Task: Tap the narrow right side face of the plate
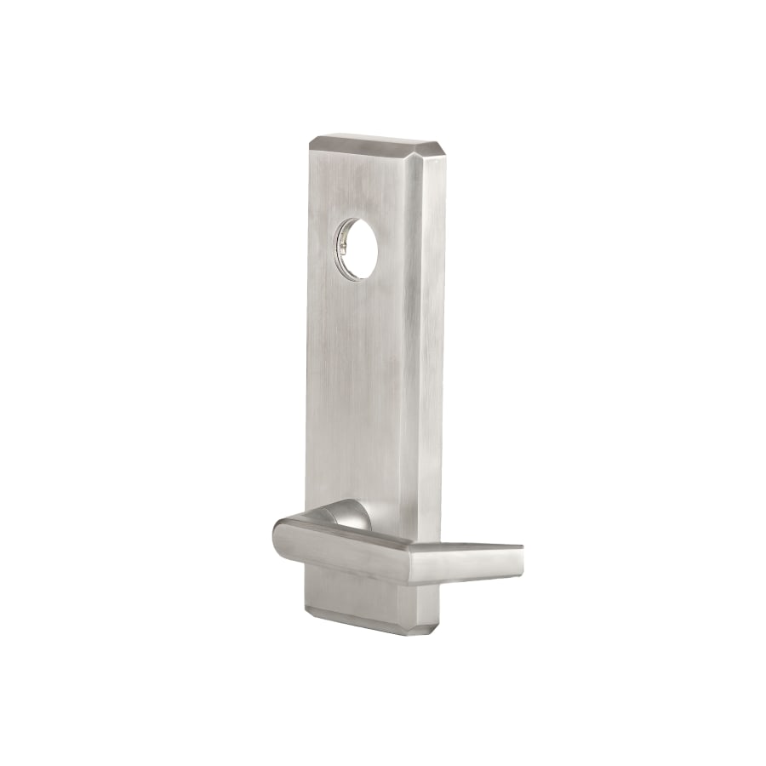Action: (431, 340)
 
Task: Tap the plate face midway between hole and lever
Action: (362, 383)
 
